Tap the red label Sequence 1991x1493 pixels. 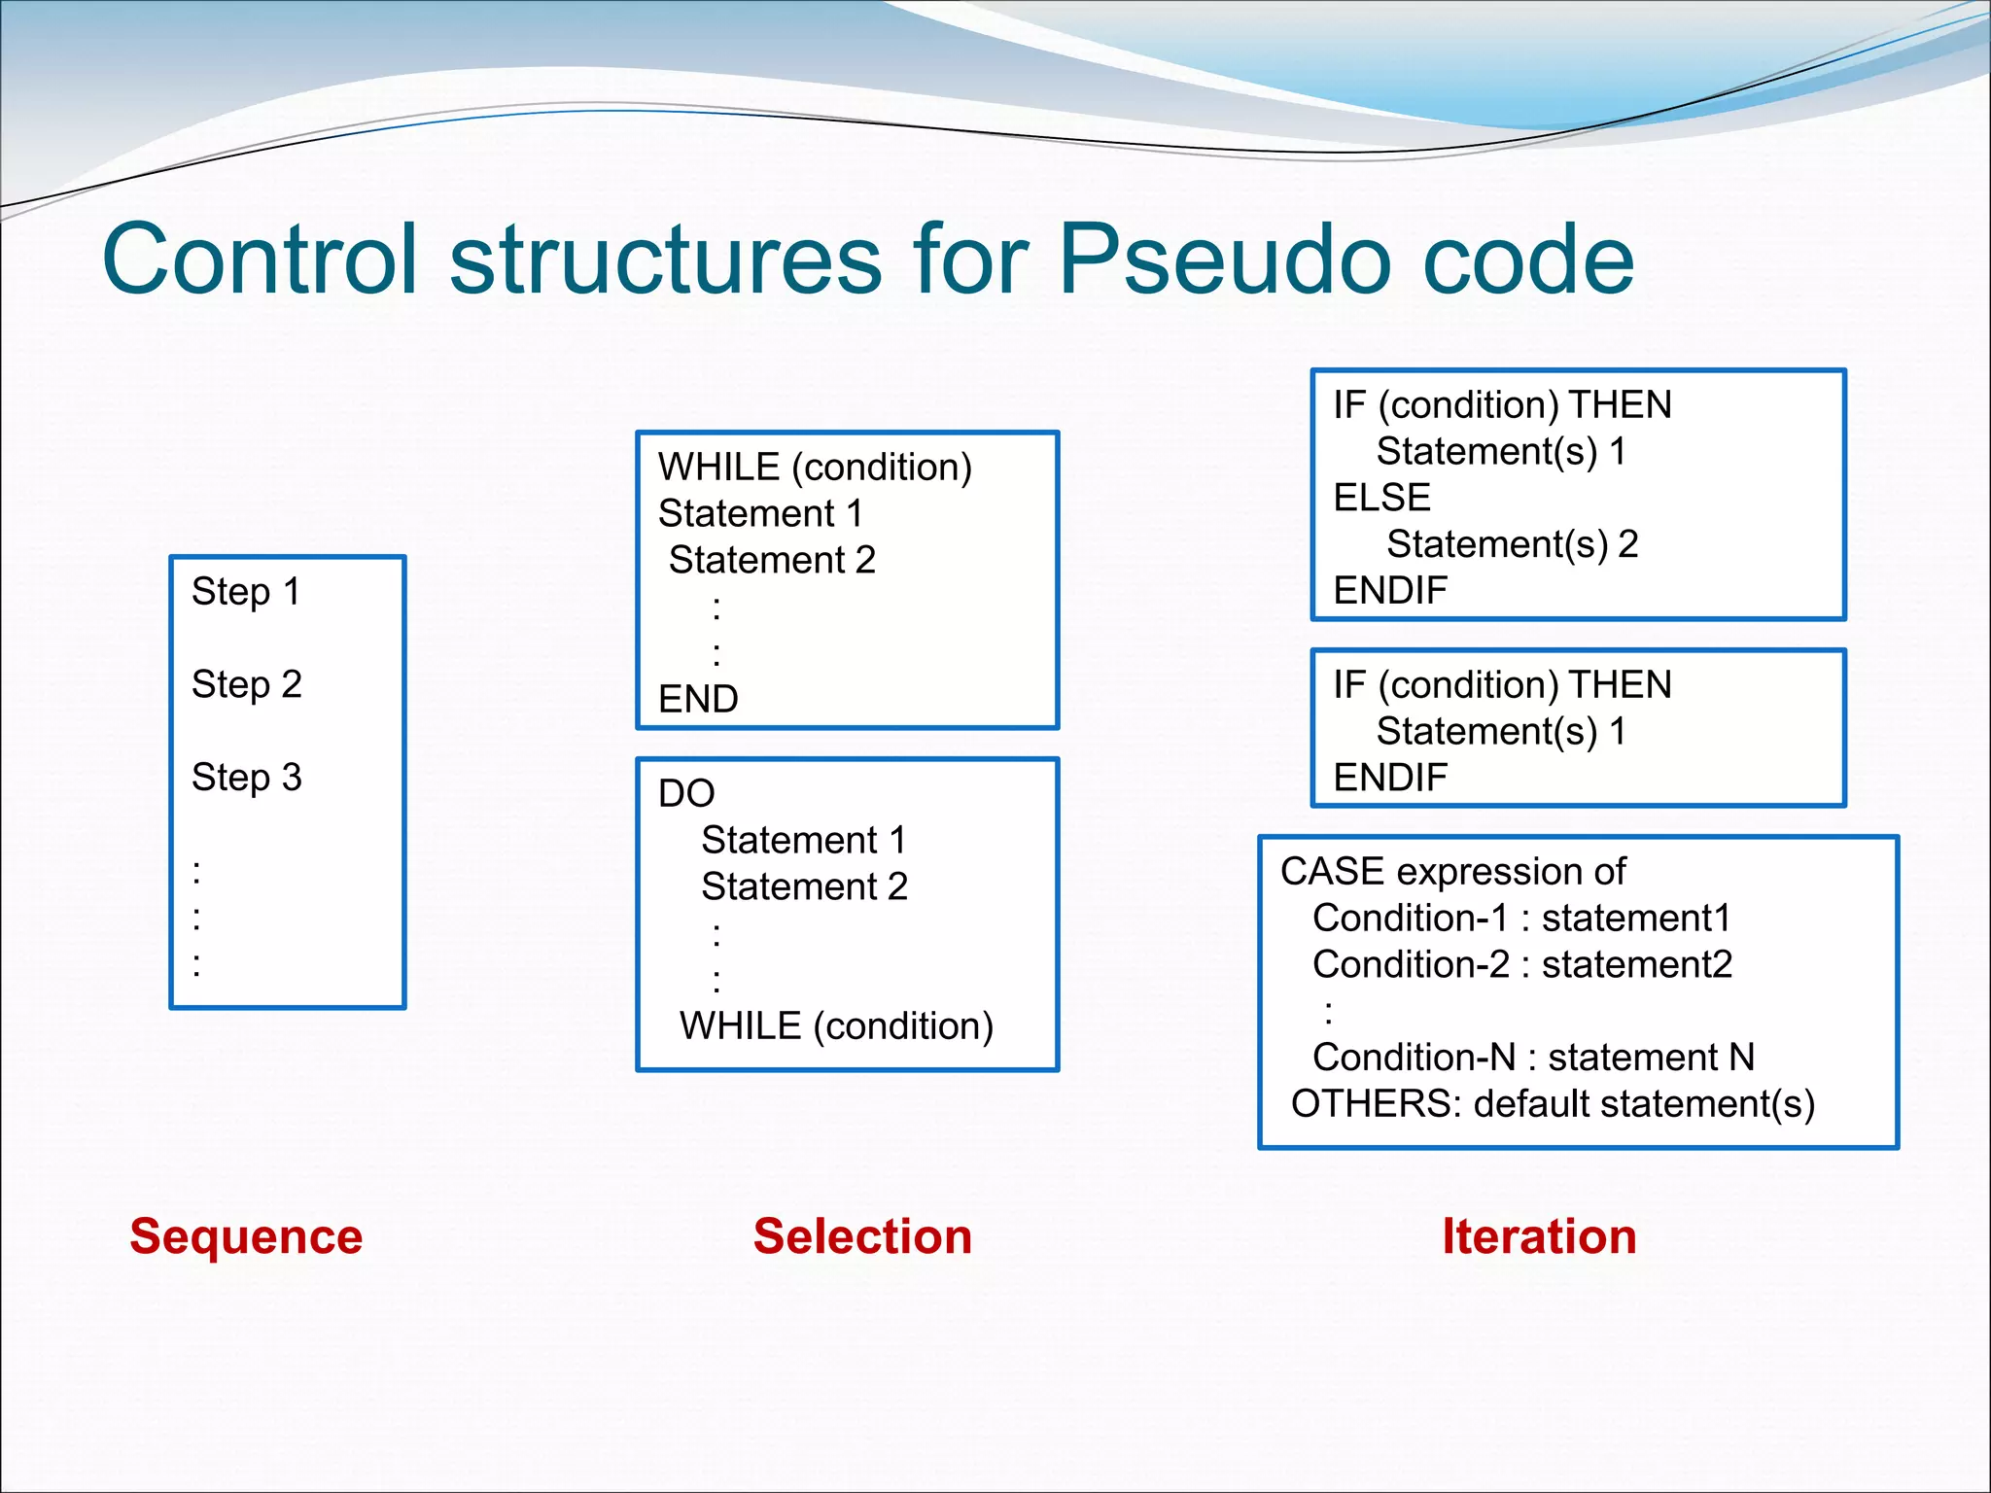point(246,1236)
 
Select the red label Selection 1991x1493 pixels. point(862,1236)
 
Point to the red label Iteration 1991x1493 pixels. point(1539,1236)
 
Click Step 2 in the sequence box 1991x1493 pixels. point(247,684)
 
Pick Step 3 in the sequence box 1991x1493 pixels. point(247,778)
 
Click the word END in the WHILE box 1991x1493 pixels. point(698,699)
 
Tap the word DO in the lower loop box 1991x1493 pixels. point(686,793)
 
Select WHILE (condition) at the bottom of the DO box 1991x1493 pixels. point(836,1026)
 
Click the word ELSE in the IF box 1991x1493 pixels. point(1381,498)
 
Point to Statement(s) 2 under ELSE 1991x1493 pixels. point(1512,544)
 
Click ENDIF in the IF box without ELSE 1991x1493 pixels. point(1390,778)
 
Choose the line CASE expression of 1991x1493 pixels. point(1452,871)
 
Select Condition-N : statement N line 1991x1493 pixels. point(1533,1058)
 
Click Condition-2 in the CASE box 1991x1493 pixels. point(1411,964)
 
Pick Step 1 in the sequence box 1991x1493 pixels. point(246,591)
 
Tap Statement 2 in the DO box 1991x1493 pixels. point(804,886)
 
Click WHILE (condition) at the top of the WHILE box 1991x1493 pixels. point(815,468)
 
